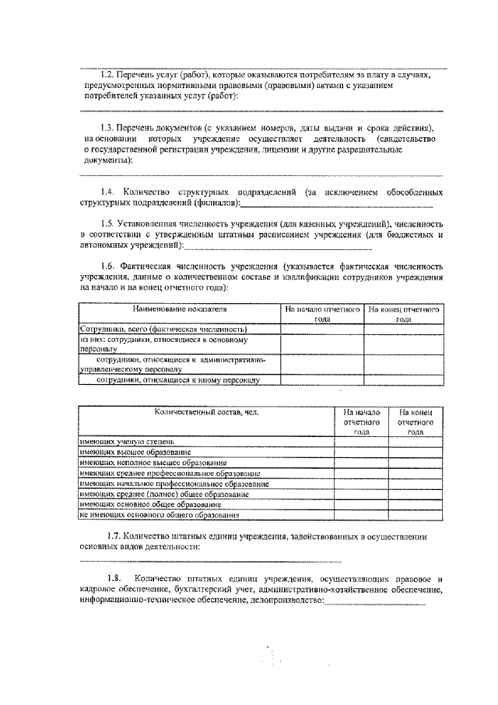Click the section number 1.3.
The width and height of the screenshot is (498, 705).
108,127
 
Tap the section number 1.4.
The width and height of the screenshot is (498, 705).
108,192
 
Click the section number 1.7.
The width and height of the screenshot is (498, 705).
114,537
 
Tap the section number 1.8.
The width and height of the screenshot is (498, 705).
114,579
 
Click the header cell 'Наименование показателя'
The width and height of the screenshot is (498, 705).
180,310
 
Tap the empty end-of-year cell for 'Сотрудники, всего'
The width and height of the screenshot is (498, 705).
403,330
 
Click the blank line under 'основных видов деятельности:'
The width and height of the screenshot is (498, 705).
210,560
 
